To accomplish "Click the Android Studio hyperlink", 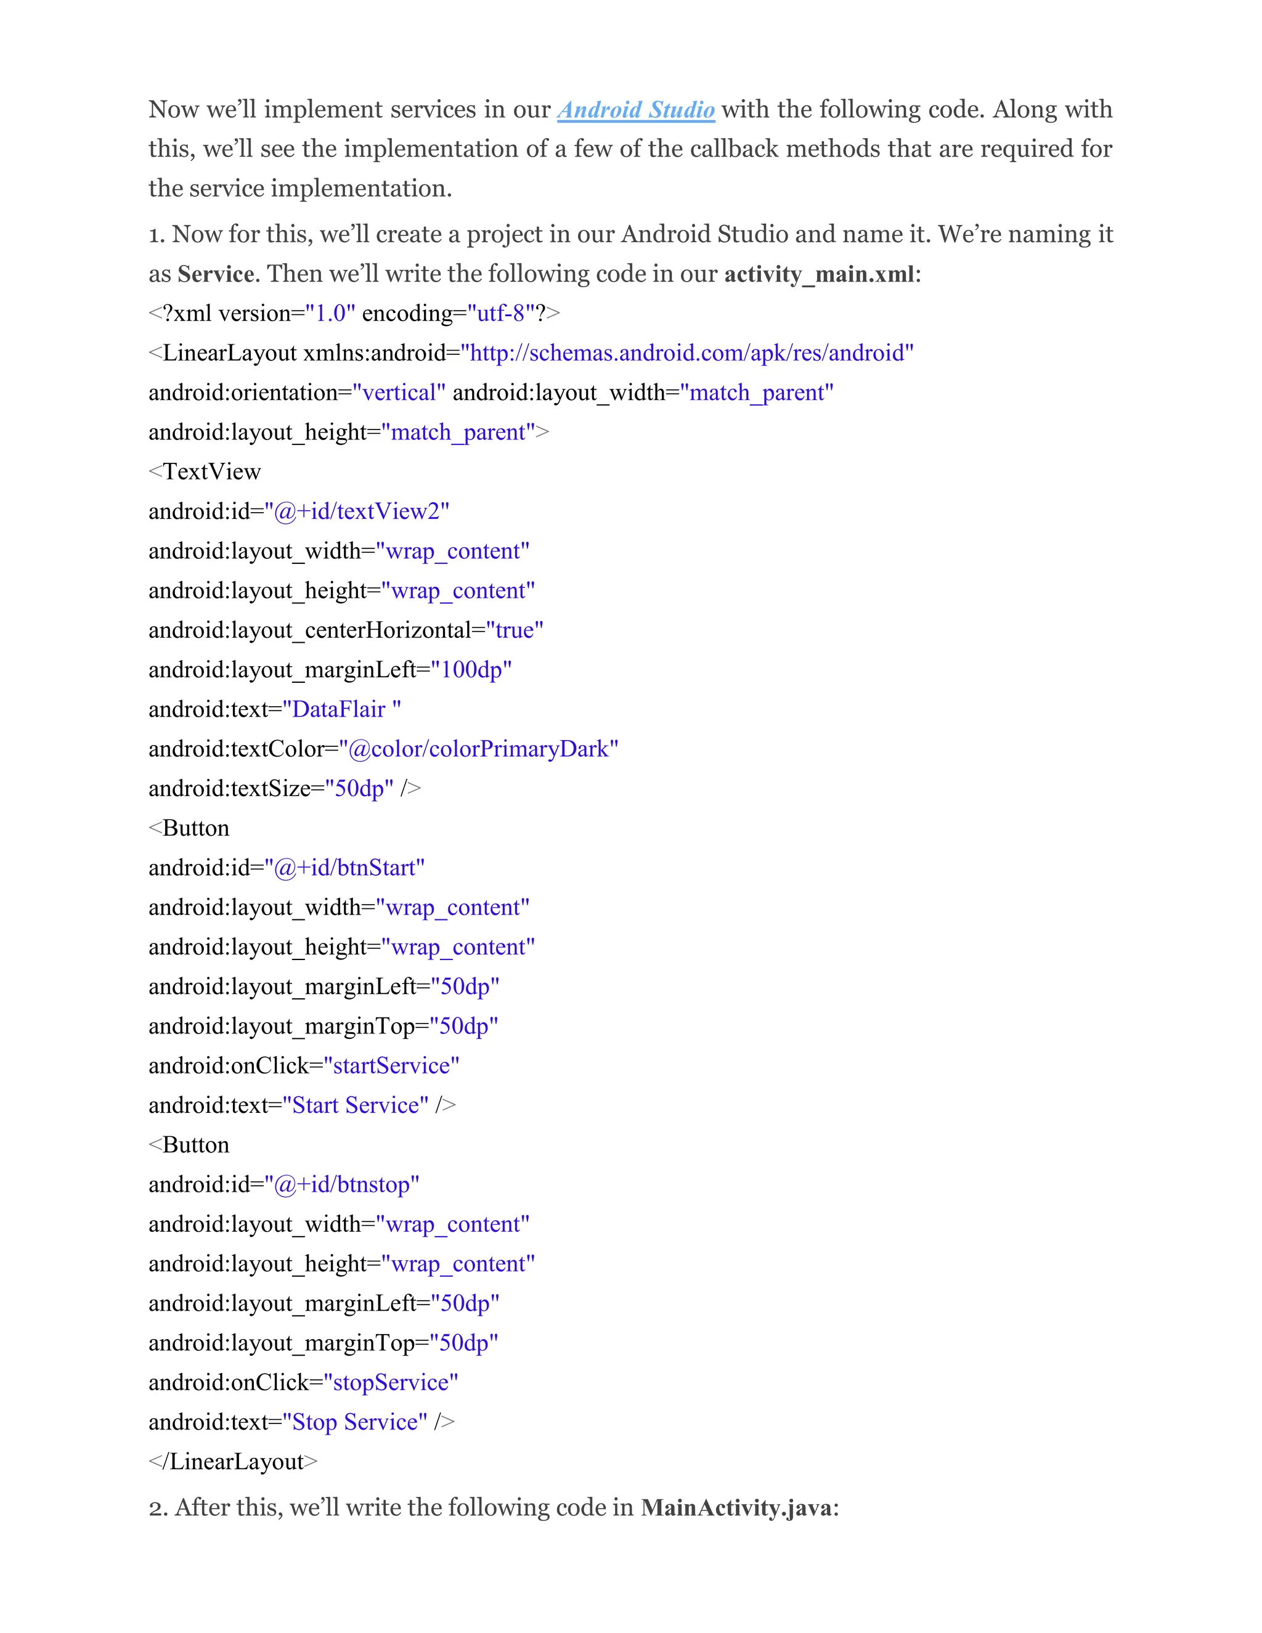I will click(635, 110).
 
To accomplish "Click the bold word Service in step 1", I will click(215, 274).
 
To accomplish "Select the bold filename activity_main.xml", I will click(819, 274).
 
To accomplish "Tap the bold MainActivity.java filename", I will click(736, 1507).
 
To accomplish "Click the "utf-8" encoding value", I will click(501, 313).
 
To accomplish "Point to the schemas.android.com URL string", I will click(687, 353).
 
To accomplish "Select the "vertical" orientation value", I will click(399, 393).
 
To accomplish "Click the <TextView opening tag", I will click(205, 472).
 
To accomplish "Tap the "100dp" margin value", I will click(471, 670).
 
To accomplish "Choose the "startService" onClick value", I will click(391, 1065).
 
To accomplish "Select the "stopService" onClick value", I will click(390, 1383).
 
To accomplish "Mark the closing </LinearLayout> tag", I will click(234, 1462).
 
